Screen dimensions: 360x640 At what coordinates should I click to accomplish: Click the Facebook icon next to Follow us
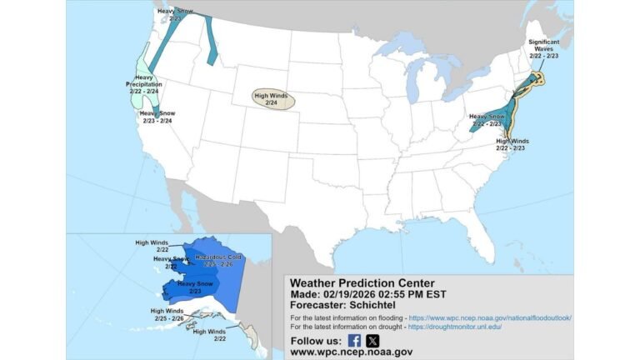[x=353, y=340]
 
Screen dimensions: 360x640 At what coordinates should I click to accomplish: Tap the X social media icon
[x=372, y=340]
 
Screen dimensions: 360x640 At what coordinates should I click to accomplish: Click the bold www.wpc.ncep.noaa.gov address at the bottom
[x=351, y=352]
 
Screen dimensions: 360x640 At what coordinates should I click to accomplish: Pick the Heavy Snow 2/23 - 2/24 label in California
[x=155, y=117]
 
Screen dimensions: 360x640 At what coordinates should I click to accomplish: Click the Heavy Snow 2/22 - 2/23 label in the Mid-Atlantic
[x=487, y=120]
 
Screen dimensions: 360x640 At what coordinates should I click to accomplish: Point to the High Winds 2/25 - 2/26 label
[x=167, y=314]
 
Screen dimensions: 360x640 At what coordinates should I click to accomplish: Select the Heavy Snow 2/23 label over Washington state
[x=174, y=14]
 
